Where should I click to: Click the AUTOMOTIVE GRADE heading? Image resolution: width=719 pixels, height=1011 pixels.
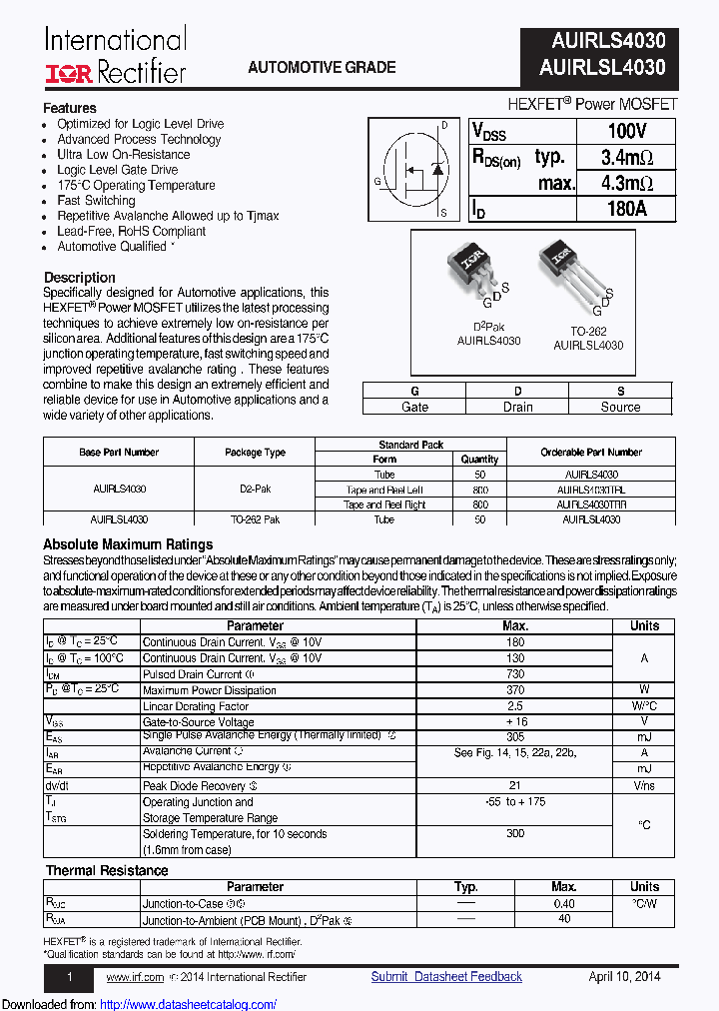tap(322, 68)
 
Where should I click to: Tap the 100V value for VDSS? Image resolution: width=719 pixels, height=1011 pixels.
tap(626, 132)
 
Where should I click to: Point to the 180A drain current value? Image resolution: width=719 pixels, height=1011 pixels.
tap(626, 209)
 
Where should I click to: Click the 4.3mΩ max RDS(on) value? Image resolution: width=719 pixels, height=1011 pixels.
tap(626, 183)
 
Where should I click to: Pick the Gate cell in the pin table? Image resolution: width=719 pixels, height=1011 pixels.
tap(414, 407)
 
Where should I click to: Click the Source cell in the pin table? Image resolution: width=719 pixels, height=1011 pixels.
tap(620, 407)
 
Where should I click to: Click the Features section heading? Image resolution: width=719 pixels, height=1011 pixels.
tap(70, 108)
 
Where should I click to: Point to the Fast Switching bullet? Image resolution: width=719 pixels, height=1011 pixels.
tap(97, 201)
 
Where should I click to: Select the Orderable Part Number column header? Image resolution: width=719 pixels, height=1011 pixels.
tap(590, 452)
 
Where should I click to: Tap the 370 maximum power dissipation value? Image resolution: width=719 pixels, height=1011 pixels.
tap(515, 690)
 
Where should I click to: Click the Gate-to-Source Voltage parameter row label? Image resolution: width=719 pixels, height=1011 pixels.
tap(198, 721)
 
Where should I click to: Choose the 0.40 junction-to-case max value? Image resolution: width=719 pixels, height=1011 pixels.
tap(564, 903)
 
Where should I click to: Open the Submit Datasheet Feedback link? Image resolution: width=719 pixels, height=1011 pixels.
tap(446, 977)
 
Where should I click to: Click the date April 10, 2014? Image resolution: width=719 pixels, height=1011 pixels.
tap(624, 977)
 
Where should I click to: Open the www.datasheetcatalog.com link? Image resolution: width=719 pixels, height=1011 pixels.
tap(189, 1004)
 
